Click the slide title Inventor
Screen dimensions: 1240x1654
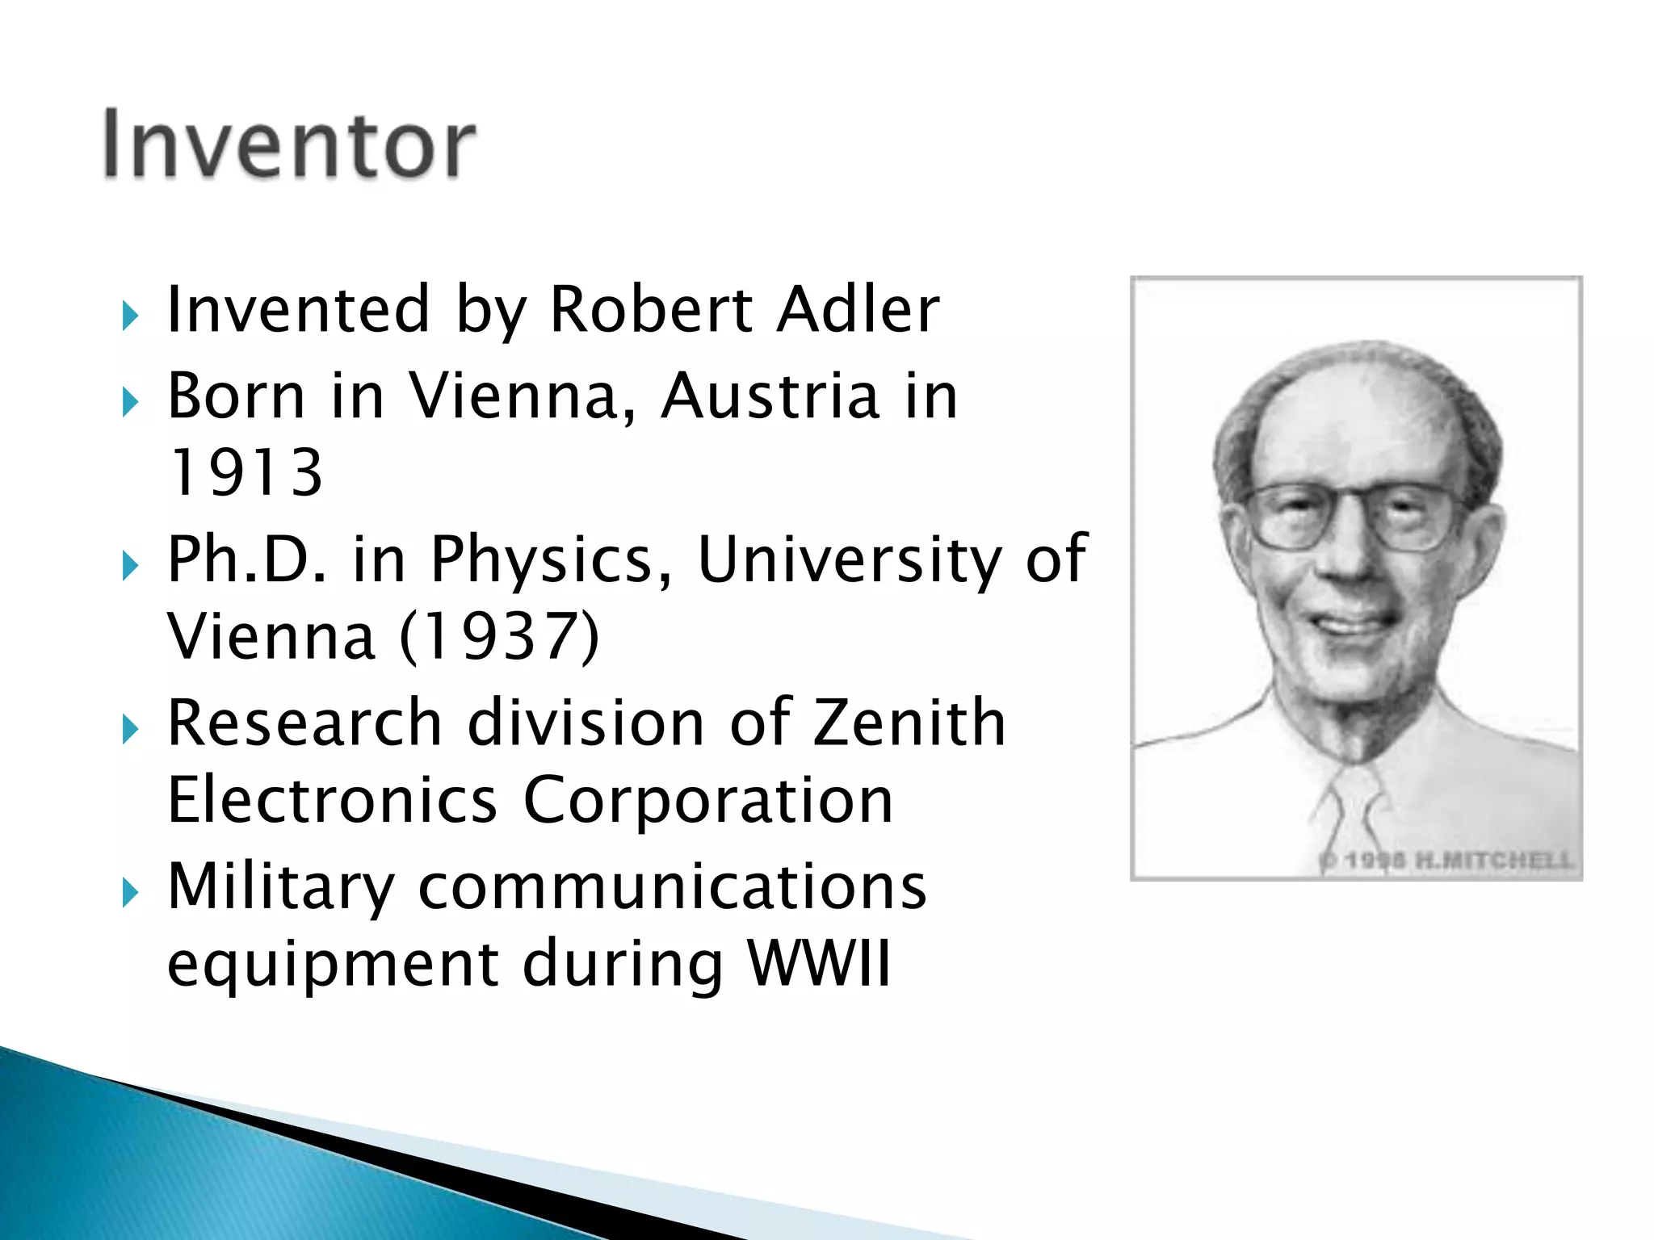(x=289, y=145)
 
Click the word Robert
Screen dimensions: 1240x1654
(x=649, y=310)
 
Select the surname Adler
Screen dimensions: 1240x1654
(x=858, y=310)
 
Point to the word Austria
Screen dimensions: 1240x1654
(x=770, y=396)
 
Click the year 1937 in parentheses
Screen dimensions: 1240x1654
(x=500, y=637)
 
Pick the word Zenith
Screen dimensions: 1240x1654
(x=909, y=722)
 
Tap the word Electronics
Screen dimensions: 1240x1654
(x=332, y=800)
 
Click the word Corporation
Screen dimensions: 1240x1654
(x=708, y=802)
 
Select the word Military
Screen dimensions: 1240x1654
(x=281, y=887)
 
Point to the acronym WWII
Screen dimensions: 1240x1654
(x=819, y=962)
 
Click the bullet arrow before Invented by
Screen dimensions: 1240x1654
(x=130, y=316)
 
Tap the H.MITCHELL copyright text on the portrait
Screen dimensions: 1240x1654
(x=1446, y=860)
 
